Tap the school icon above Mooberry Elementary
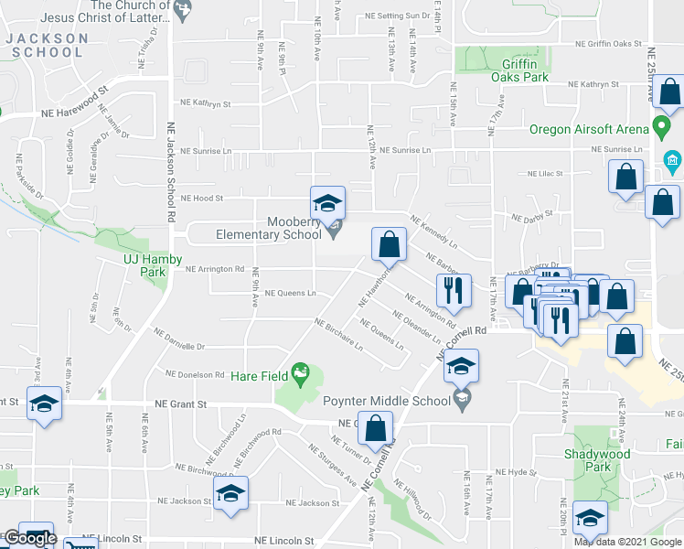[x=327, y=202]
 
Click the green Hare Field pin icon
[x=299, y=372]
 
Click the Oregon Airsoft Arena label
[x=589, y=129]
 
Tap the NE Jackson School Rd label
[x=170, y=175]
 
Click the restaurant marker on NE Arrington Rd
[x=454, y=291]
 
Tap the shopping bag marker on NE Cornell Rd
[x=375, y=427]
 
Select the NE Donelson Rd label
[x=195, y=374]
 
